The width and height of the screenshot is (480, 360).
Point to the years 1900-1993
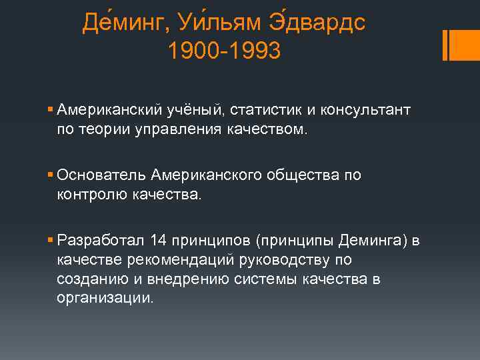coord(225,52)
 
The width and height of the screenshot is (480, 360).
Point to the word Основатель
coord(102,175)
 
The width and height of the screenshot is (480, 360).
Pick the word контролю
coord(87,195)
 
